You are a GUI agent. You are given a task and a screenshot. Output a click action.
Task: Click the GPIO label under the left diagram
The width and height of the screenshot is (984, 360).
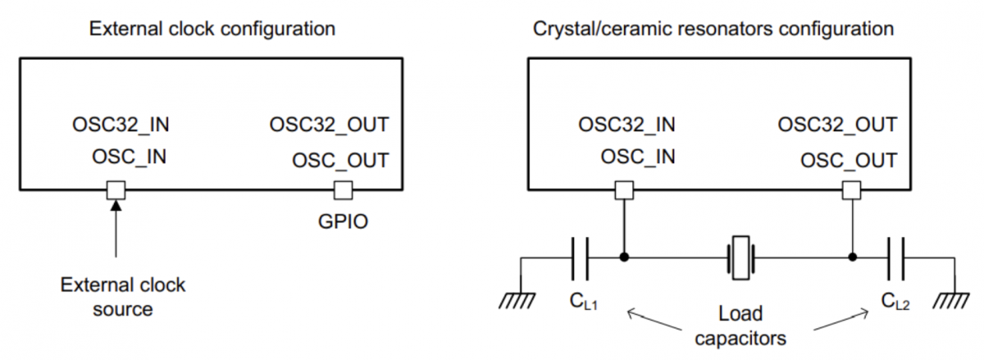click(343, 221)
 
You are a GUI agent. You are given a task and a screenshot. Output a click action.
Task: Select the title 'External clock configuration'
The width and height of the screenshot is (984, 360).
click(212, 29)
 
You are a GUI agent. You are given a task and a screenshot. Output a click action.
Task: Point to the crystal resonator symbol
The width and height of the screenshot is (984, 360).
click(740, 257)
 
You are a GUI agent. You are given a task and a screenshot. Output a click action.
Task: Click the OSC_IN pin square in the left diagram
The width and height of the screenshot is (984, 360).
click(116, 190)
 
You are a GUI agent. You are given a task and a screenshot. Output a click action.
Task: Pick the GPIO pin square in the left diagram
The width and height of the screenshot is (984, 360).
click(342, 190)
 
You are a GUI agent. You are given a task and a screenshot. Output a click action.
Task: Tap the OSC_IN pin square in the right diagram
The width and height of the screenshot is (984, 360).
click(624, 190)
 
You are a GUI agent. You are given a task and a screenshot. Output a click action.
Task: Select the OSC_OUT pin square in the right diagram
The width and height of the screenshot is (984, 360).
click(853, 190)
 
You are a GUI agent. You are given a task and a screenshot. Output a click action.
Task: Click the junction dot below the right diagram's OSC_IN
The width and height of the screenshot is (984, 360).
click(624, 257)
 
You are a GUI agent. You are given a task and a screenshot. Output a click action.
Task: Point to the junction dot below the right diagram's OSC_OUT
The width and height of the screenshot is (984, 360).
click(853, 257)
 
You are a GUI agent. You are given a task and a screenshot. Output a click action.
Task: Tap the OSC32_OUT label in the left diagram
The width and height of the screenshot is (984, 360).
click(329, 125)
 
